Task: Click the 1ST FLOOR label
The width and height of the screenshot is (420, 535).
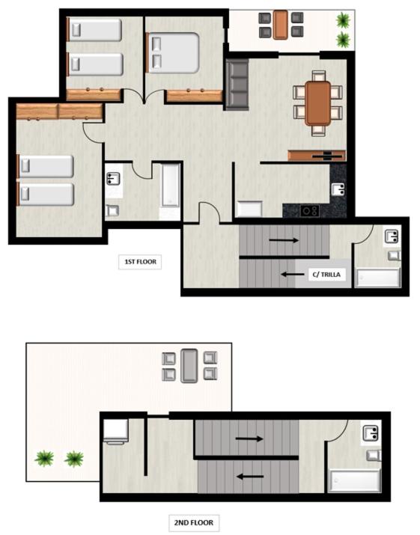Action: click(140, 262)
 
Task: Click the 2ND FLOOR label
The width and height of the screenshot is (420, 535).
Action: click(194, 522)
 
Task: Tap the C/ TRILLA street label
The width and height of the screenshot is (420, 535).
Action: click(326, 275)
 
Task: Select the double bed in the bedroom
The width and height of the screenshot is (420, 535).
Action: click(173, 53)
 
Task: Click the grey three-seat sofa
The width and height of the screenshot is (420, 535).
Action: click(237, 85)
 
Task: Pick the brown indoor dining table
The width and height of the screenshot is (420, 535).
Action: click(318, 103)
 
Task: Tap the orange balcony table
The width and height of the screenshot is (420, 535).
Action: click(281, 25)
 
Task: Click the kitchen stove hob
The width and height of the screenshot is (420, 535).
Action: click(310, 211)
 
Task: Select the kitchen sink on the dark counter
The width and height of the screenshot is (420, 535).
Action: click(338, 189)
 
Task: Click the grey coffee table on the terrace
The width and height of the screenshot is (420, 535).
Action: click(189, 366)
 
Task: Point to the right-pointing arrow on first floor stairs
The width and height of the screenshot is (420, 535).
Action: click(284, 240)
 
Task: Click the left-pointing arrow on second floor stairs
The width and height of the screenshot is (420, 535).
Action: click(250, 477)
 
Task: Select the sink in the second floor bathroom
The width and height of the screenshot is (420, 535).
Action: click(371, 433)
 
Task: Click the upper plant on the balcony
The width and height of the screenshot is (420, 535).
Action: click(343, 20)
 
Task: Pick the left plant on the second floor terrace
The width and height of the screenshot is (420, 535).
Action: click(44, 459)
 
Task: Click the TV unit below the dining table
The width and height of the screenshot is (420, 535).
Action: click(317, 156)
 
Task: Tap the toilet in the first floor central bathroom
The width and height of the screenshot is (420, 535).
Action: click(112, 210)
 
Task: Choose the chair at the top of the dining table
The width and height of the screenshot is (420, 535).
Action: click(319, 76)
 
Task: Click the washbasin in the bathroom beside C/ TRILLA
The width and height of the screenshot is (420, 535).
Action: click(392, 236)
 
